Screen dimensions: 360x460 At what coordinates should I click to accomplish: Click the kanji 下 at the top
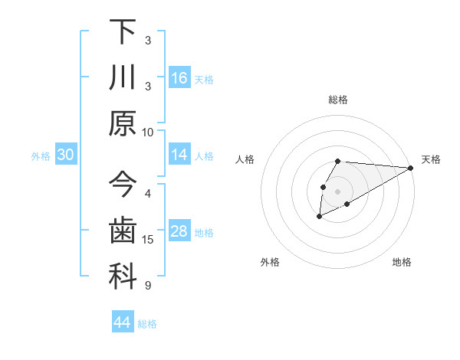[123, 32]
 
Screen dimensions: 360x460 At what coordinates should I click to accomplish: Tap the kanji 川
[123, 78]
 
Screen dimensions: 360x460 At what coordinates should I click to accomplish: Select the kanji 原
[123, 123]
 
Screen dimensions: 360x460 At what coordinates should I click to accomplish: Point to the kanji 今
[123, 185]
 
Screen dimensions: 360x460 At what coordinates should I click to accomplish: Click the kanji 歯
[123, 231]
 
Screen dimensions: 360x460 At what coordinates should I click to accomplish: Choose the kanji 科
[123, 277]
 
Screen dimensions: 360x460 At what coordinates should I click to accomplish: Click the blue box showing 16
[179, 78]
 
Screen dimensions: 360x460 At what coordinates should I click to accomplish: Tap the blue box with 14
[179, 155]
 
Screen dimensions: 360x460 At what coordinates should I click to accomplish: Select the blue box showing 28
[179, 232]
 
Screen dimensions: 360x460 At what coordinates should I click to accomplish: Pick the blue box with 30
[66, 155]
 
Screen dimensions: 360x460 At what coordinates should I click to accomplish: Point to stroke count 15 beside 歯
[148, 240]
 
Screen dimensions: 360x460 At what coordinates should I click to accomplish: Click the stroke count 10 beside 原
[148, 131]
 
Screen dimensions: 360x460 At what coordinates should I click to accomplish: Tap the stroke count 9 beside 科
[148, 286]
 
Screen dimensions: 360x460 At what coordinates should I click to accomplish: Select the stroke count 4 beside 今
[148, 193]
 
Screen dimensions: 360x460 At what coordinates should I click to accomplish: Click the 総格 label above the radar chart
[337, 100]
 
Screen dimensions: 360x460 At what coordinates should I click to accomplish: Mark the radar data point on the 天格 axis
[411, 168]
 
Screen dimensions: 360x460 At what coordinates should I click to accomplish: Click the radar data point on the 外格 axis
[318, 218]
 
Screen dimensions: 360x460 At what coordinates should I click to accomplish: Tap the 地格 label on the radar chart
[402, 263]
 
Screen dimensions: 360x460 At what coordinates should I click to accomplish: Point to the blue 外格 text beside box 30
[41, 156]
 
